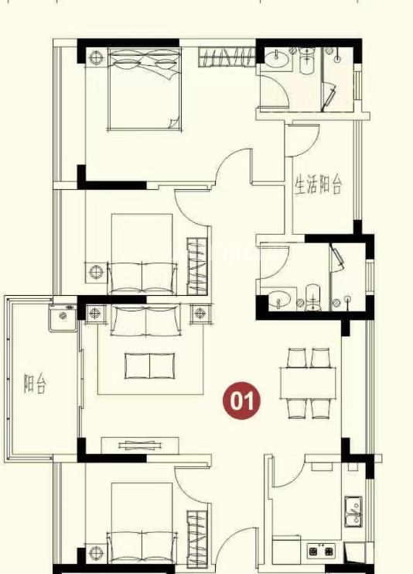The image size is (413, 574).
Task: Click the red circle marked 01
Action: [241, 400]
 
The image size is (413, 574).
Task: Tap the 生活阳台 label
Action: [319, 185]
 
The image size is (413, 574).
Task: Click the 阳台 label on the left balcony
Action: [35, 383]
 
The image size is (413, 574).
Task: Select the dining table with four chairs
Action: [308, 383]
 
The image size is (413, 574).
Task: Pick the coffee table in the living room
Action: [149, 366]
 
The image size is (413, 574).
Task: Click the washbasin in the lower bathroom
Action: [281, 299]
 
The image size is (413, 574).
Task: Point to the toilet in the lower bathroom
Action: [312, 297]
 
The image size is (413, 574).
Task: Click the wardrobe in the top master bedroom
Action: [227, 57]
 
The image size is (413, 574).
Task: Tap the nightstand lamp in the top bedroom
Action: [97, 57]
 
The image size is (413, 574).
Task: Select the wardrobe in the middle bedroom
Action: [197, 266]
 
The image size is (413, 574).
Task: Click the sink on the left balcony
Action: [63, 318]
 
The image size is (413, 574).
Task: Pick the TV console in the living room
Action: [140, 446]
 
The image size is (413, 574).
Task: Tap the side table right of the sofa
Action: [200, 314]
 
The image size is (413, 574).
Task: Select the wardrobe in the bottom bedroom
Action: [197, 538]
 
